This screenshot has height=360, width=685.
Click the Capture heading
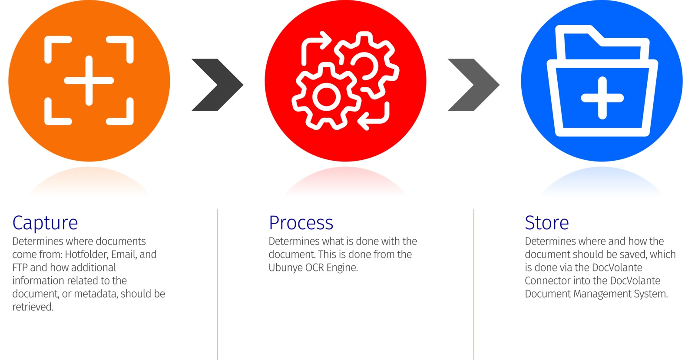[45, 223]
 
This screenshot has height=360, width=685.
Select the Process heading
[301, 223]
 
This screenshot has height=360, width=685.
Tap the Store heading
[547, 223]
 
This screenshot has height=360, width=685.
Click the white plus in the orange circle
[89, 81]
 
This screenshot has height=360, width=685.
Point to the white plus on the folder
[602, 98]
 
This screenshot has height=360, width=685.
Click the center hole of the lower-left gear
[326, 97]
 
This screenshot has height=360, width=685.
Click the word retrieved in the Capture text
[33, 307]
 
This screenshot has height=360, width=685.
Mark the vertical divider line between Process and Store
[473, 284]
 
